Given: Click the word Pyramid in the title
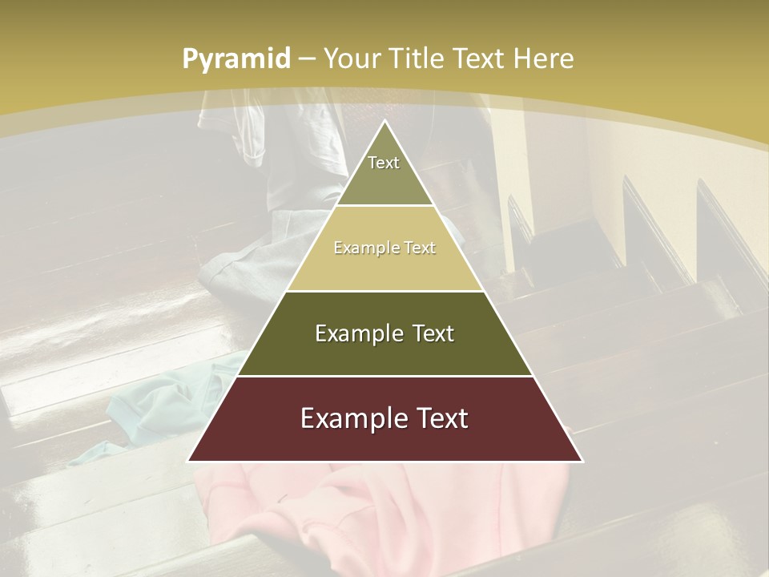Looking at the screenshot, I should tap(236, 59).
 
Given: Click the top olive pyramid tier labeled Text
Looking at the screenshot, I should tap(384, 172).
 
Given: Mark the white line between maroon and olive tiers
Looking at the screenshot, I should tap(384, 376).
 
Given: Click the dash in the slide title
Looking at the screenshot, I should tap(307, 59).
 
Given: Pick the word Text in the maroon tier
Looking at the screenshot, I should tap(440, 418).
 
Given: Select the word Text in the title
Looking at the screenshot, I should tap(479, 59).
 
